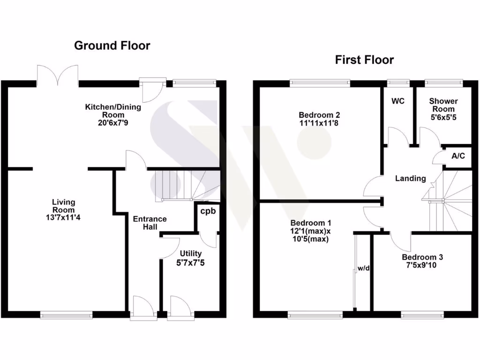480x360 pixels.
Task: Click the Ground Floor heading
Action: pos(112,45)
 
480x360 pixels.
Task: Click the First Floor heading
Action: pos(364,60)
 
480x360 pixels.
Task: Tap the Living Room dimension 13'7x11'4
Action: pos(63,217)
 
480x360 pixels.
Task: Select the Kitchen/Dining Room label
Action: pos(112,107)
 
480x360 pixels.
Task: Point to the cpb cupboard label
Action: pos(208,211)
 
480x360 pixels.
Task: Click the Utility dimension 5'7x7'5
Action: pos(190,263)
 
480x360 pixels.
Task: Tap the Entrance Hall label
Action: pos(150,223)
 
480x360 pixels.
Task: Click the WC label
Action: pos(397,101)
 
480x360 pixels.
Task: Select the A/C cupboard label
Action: pos(458,156)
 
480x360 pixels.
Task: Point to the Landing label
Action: pos(411,178)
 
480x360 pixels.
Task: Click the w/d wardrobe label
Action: pos(364,269)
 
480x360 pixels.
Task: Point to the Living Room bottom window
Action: pos(63,315)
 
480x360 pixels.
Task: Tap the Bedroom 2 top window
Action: pos(320,83)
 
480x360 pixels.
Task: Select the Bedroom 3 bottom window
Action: pos(422,315)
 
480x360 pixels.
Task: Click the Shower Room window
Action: pos(443,83)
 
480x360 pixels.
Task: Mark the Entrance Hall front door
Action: pos(143,309)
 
